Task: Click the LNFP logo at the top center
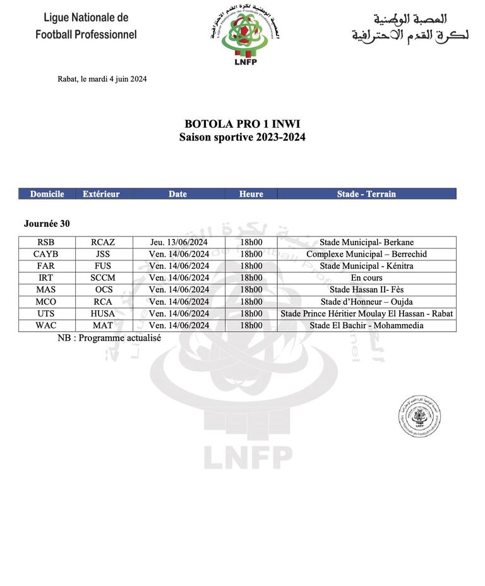coord(245,37)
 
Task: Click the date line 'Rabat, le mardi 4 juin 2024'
coord(102,79)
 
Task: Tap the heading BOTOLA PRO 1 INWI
coord(242,124)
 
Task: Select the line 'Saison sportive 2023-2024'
coord(242,137)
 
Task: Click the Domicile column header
coord(47,194)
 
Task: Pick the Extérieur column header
coord(101,194)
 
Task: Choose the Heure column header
coord(251,194)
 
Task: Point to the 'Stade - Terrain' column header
coord(366,194)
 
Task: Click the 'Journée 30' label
coord(47,224)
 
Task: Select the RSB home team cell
coord(46,242)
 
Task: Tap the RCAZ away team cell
coord(103,242)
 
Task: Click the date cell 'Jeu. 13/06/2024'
coord(179,242)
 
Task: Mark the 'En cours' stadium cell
coord(366,278)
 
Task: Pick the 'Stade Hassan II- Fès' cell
coord(366,290)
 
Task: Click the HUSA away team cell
coord(103,314)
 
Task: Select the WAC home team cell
coord(46,326)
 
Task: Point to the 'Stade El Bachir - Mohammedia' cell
coord(366,326)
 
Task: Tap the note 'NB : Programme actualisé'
coord(109,338)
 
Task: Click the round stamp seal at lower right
coord(419,416)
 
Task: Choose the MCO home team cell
coord(46,302)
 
